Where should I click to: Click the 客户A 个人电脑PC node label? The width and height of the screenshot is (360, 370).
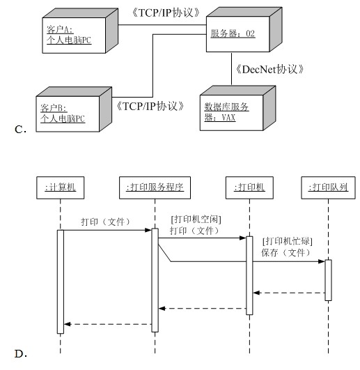click(x=69, y=35)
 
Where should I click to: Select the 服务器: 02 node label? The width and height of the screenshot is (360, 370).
click(x=233, y=33)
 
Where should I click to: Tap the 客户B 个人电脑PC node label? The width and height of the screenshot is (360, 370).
click(x=63, y=114)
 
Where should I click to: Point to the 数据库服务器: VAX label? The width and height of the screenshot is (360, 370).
click(x=226, y=112)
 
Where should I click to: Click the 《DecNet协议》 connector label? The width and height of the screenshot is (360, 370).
click(x=269, y=69)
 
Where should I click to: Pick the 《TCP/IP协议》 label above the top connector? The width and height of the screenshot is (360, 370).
click(x=166, y=13)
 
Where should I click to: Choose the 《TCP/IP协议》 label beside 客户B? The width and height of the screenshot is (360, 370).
click(x=150, y=106)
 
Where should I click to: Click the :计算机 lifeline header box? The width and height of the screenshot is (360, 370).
click(x=61, y=187)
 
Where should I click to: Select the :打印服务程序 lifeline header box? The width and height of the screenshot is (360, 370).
click(x=155, y=187)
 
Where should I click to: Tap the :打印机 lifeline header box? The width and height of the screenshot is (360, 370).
click(x=249, y=187)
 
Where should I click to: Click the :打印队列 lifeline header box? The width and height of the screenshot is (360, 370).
click(x=328, y=187)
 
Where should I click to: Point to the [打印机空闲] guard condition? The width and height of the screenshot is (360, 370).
click(x=196, y=219)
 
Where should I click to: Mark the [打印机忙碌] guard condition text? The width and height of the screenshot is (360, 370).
click(x=288, y=241)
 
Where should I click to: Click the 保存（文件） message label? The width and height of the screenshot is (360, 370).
click(x=286, y=253)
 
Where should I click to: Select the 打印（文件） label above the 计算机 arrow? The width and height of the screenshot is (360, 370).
click(x=106, y=222)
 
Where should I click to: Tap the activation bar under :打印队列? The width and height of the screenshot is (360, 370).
click(x=328, y=280)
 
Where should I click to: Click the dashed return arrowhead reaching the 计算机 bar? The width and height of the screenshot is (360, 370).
click(x=67, y=324)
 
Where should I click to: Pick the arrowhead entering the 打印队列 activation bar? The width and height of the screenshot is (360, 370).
click(x=322, y=261)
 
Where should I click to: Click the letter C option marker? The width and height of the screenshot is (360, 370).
click(x=20, y=130)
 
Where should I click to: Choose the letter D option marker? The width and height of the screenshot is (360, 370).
click(x=21, y=354)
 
